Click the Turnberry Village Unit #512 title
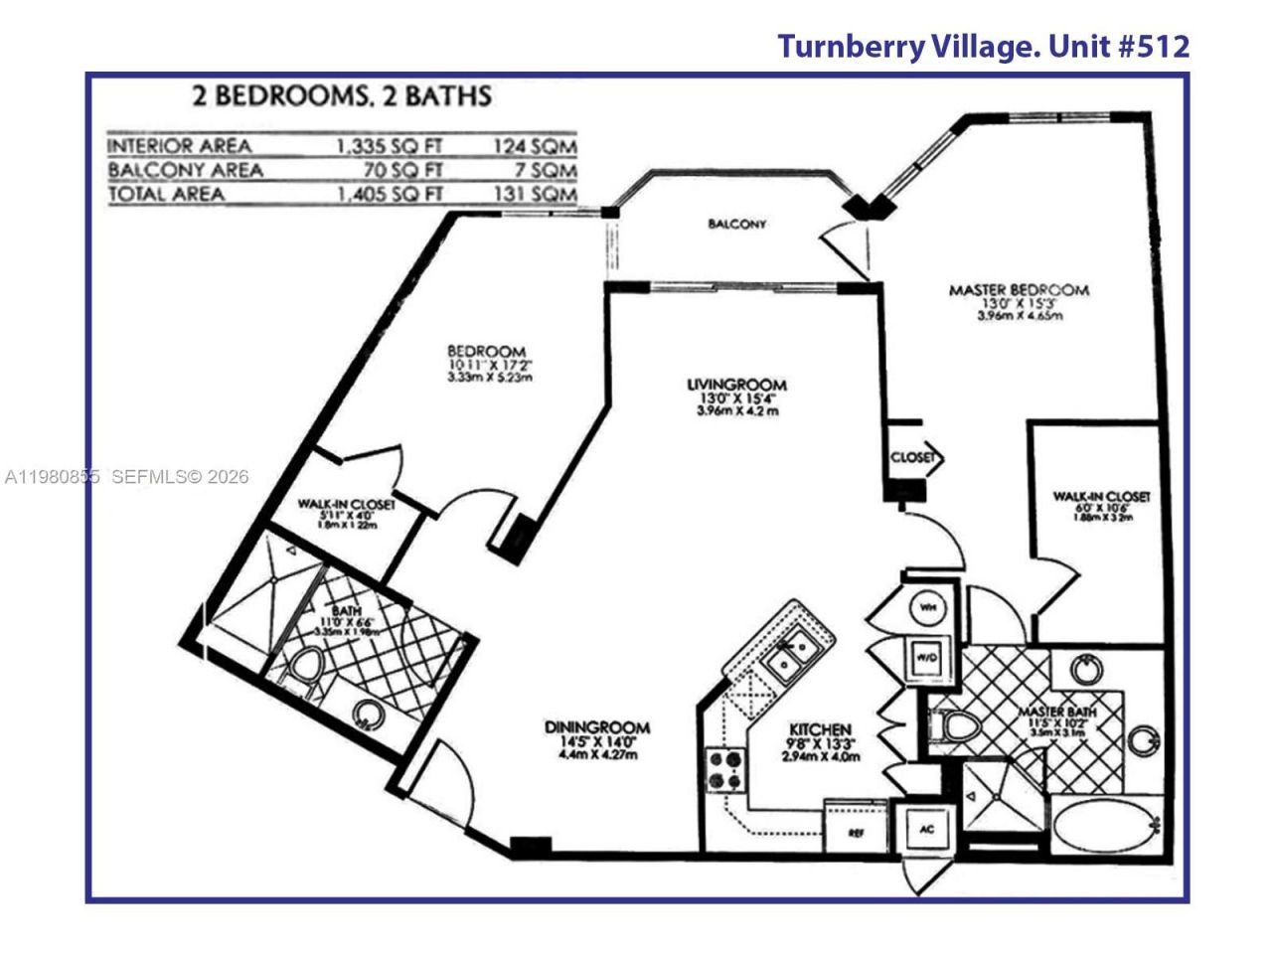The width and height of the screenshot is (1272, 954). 982,46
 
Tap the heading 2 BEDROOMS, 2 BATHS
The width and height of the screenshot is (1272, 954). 341,96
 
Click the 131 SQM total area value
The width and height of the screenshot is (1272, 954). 536,194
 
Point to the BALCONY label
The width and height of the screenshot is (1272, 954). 736,224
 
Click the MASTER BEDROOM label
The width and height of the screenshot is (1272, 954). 1019,290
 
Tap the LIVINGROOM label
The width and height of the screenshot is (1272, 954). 736,385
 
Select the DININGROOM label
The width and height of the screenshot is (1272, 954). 596,727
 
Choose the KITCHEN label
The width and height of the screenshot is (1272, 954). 820,728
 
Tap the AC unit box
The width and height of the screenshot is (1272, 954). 925,828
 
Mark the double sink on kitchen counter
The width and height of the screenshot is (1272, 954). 791,657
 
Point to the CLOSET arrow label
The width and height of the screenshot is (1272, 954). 914,458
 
